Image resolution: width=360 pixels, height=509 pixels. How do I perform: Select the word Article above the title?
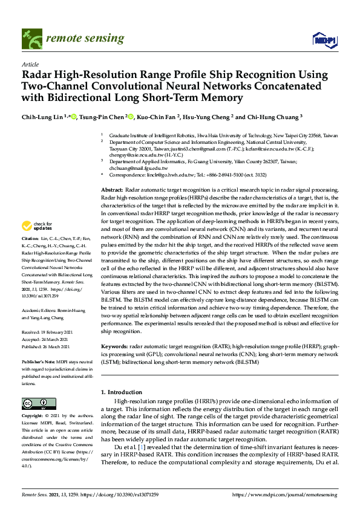[x=30, y=63]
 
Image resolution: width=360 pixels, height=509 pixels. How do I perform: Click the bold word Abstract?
[x=111, y=190]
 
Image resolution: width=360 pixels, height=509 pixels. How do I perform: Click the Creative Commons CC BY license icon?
[x=35, y=403]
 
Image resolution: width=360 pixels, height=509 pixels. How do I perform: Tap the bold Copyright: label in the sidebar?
[x=32, y=417]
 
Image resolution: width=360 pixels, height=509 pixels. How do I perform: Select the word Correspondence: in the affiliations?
[x=127, y=175]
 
